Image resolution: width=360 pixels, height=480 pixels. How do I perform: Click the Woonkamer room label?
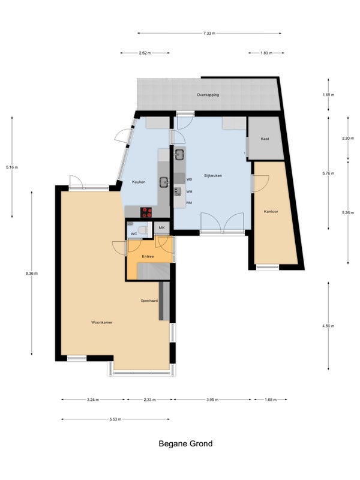click(x=102, y=322)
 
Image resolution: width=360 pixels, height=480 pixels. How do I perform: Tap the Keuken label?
click(x=139, y=182)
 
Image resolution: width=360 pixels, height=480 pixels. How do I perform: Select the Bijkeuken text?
click(x=213, y=176)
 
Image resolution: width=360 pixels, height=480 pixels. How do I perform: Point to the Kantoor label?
click(x=271, y=212)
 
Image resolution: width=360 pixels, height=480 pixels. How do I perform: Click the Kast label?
click(x=265, y=139)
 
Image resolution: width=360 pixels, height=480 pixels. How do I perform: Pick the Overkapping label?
click(x=208, y=95)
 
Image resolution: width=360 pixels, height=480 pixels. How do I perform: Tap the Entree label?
click(x=148, y=257)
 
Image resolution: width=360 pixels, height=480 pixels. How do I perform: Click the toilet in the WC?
click(x=142, y=230)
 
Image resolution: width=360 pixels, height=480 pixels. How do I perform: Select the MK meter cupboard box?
click(x=161, y=228)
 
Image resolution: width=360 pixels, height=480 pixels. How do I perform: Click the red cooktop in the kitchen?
click(x=146, y=212)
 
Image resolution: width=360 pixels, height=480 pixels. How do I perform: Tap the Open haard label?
click(x=149, y=301)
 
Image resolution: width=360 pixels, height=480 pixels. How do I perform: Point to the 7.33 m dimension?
click(x=209, y=34)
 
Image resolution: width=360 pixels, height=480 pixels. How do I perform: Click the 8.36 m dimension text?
click(x=32, y=274)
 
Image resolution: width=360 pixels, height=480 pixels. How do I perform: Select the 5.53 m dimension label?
click(x=115, y=419)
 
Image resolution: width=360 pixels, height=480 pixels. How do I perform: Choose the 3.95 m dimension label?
click(x=212, y=400)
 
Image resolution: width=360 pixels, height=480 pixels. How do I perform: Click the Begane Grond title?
click(x=185, y=443)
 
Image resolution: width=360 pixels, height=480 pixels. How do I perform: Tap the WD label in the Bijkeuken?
click(x=189, y=179)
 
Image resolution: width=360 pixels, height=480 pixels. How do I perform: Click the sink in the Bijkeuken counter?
click(x=179, y=154)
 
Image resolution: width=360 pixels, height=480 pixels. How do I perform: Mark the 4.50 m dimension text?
click(x=328, y=326)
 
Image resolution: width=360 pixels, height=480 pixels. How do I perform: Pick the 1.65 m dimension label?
click(x=328, y=95)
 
